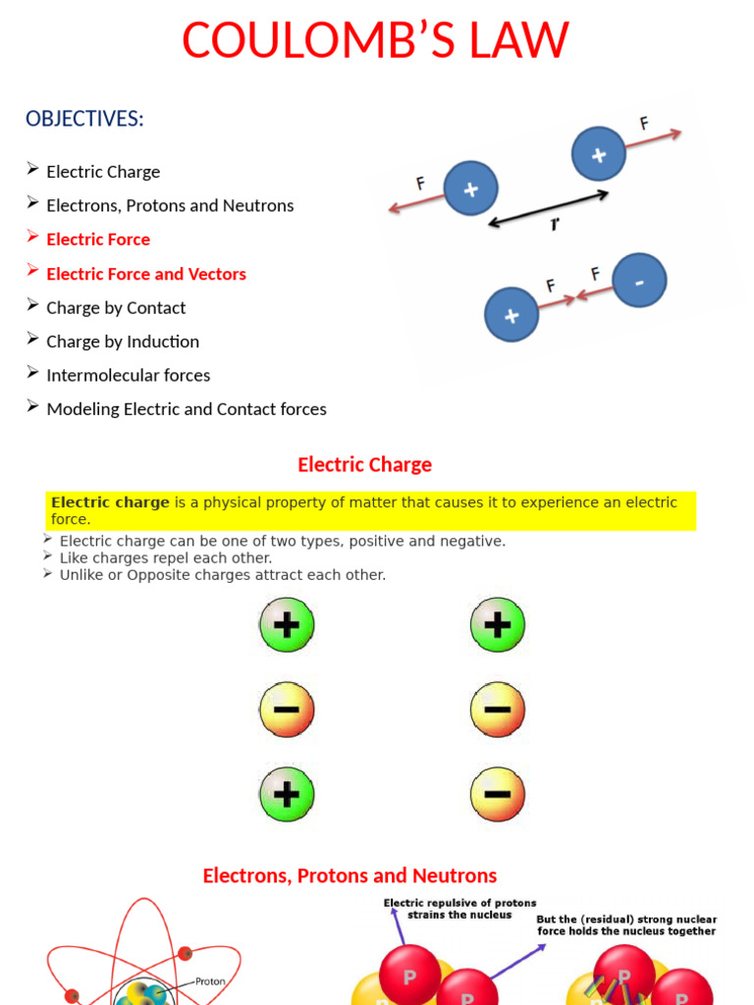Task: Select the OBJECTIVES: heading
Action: pos(84,119)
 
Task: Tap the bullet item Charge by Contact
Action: pos(116,308)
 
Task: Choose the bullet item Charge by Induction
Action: pos(123,342)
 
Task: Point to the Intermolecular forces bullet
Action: pos(128,375)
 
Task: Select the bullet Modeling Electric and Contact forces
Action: pos(187,409)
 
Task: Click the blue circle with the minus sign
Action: pos(639,283)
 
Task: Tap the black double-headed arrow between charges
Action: pos(549,209)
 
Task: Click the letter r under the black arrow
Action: pos(556,226)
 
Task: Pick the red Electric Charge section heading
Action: pos(364,464)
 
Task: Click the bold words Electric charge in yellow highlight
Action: pos(110,502)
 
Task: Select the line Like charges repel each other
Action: pos(166,557)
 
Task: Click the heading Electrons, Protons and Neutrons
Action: pos(350,875)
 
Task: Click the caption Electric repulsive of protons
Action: pos(459,903)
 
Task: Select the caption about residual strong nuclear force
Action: pos(626,926)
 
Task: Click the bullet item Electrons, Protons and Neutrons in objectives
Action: pos(170,206)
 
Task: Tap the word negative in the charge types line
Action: pos(472,541)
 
